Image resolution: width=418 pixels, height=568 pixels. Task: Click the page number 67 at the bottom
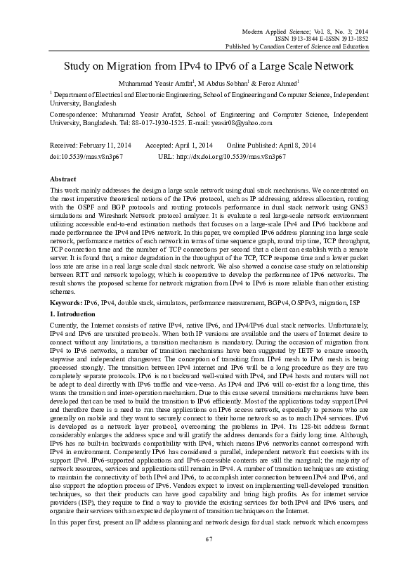[x=209, y=558]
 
